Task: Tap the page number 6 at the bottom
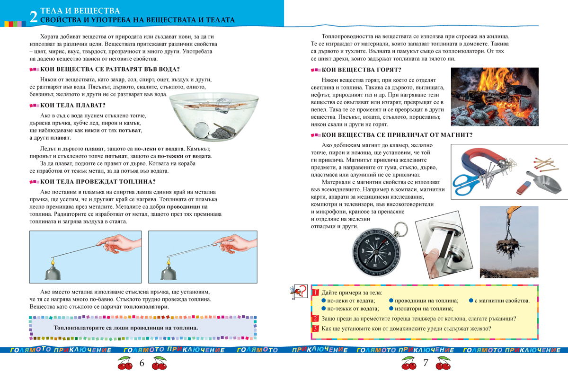[x=141, y=363]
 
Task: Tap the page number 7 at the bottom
[x=426, y=363]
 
